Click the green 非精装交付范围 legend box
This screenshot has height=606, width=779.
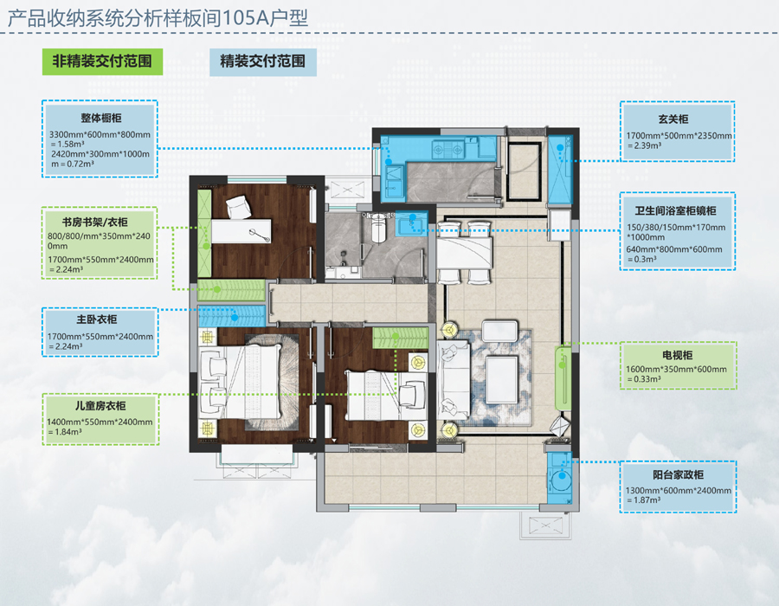pos(102,61)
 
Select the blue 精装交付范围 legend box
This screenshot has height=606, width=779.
pos(263,62)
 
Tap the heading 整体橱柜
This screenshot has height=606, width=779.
pos(101,119)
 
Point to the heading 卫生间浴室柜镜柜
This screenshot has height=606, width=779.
pos(676,210)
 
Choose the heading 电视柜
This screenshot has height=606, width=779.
pos(677,355)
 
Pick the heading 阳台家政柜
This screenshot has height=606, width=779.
pos(678,475)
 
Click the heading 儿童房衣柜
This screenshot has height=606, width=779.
pos(100,406)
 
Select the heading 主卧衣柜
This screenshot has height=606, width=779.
pos(97,319)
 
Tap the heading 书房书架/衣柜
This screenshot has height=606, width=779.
pos(95,222)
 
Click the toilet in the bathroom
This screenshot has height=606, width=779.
pos(379,228)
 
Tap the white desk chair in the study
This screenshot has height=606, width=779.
pos(239,207)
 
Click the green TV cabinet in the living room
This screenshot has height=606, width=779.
pos(563,377)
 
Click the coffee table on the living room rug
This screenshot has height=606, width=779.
pos(502,380)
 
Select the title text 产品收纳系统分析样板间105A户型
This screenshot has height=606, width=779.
pos(158,18)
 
